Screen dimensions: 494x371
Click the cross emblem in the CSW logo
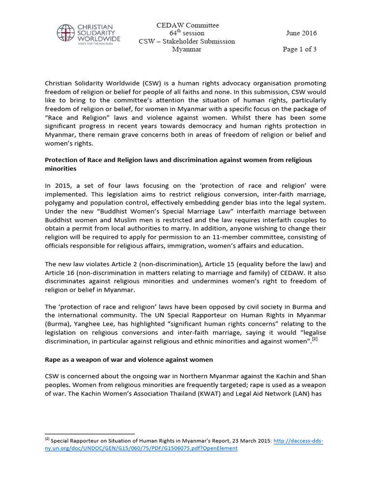point(65,33)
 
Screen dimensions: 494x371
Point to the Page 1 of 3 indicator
point(300,49)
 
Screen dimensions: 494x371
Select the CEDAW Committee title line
point(187,25)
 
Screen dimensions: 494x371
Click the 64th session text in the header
point(186,33)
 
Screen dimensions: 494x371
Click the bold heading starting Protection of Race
point(178,160)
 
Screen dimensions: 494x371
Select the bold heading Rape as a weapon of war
point(128,360)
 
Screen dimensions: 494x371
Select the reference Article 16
point(57,273)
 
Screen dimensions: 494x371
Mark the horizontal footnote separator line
point(89,434)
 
